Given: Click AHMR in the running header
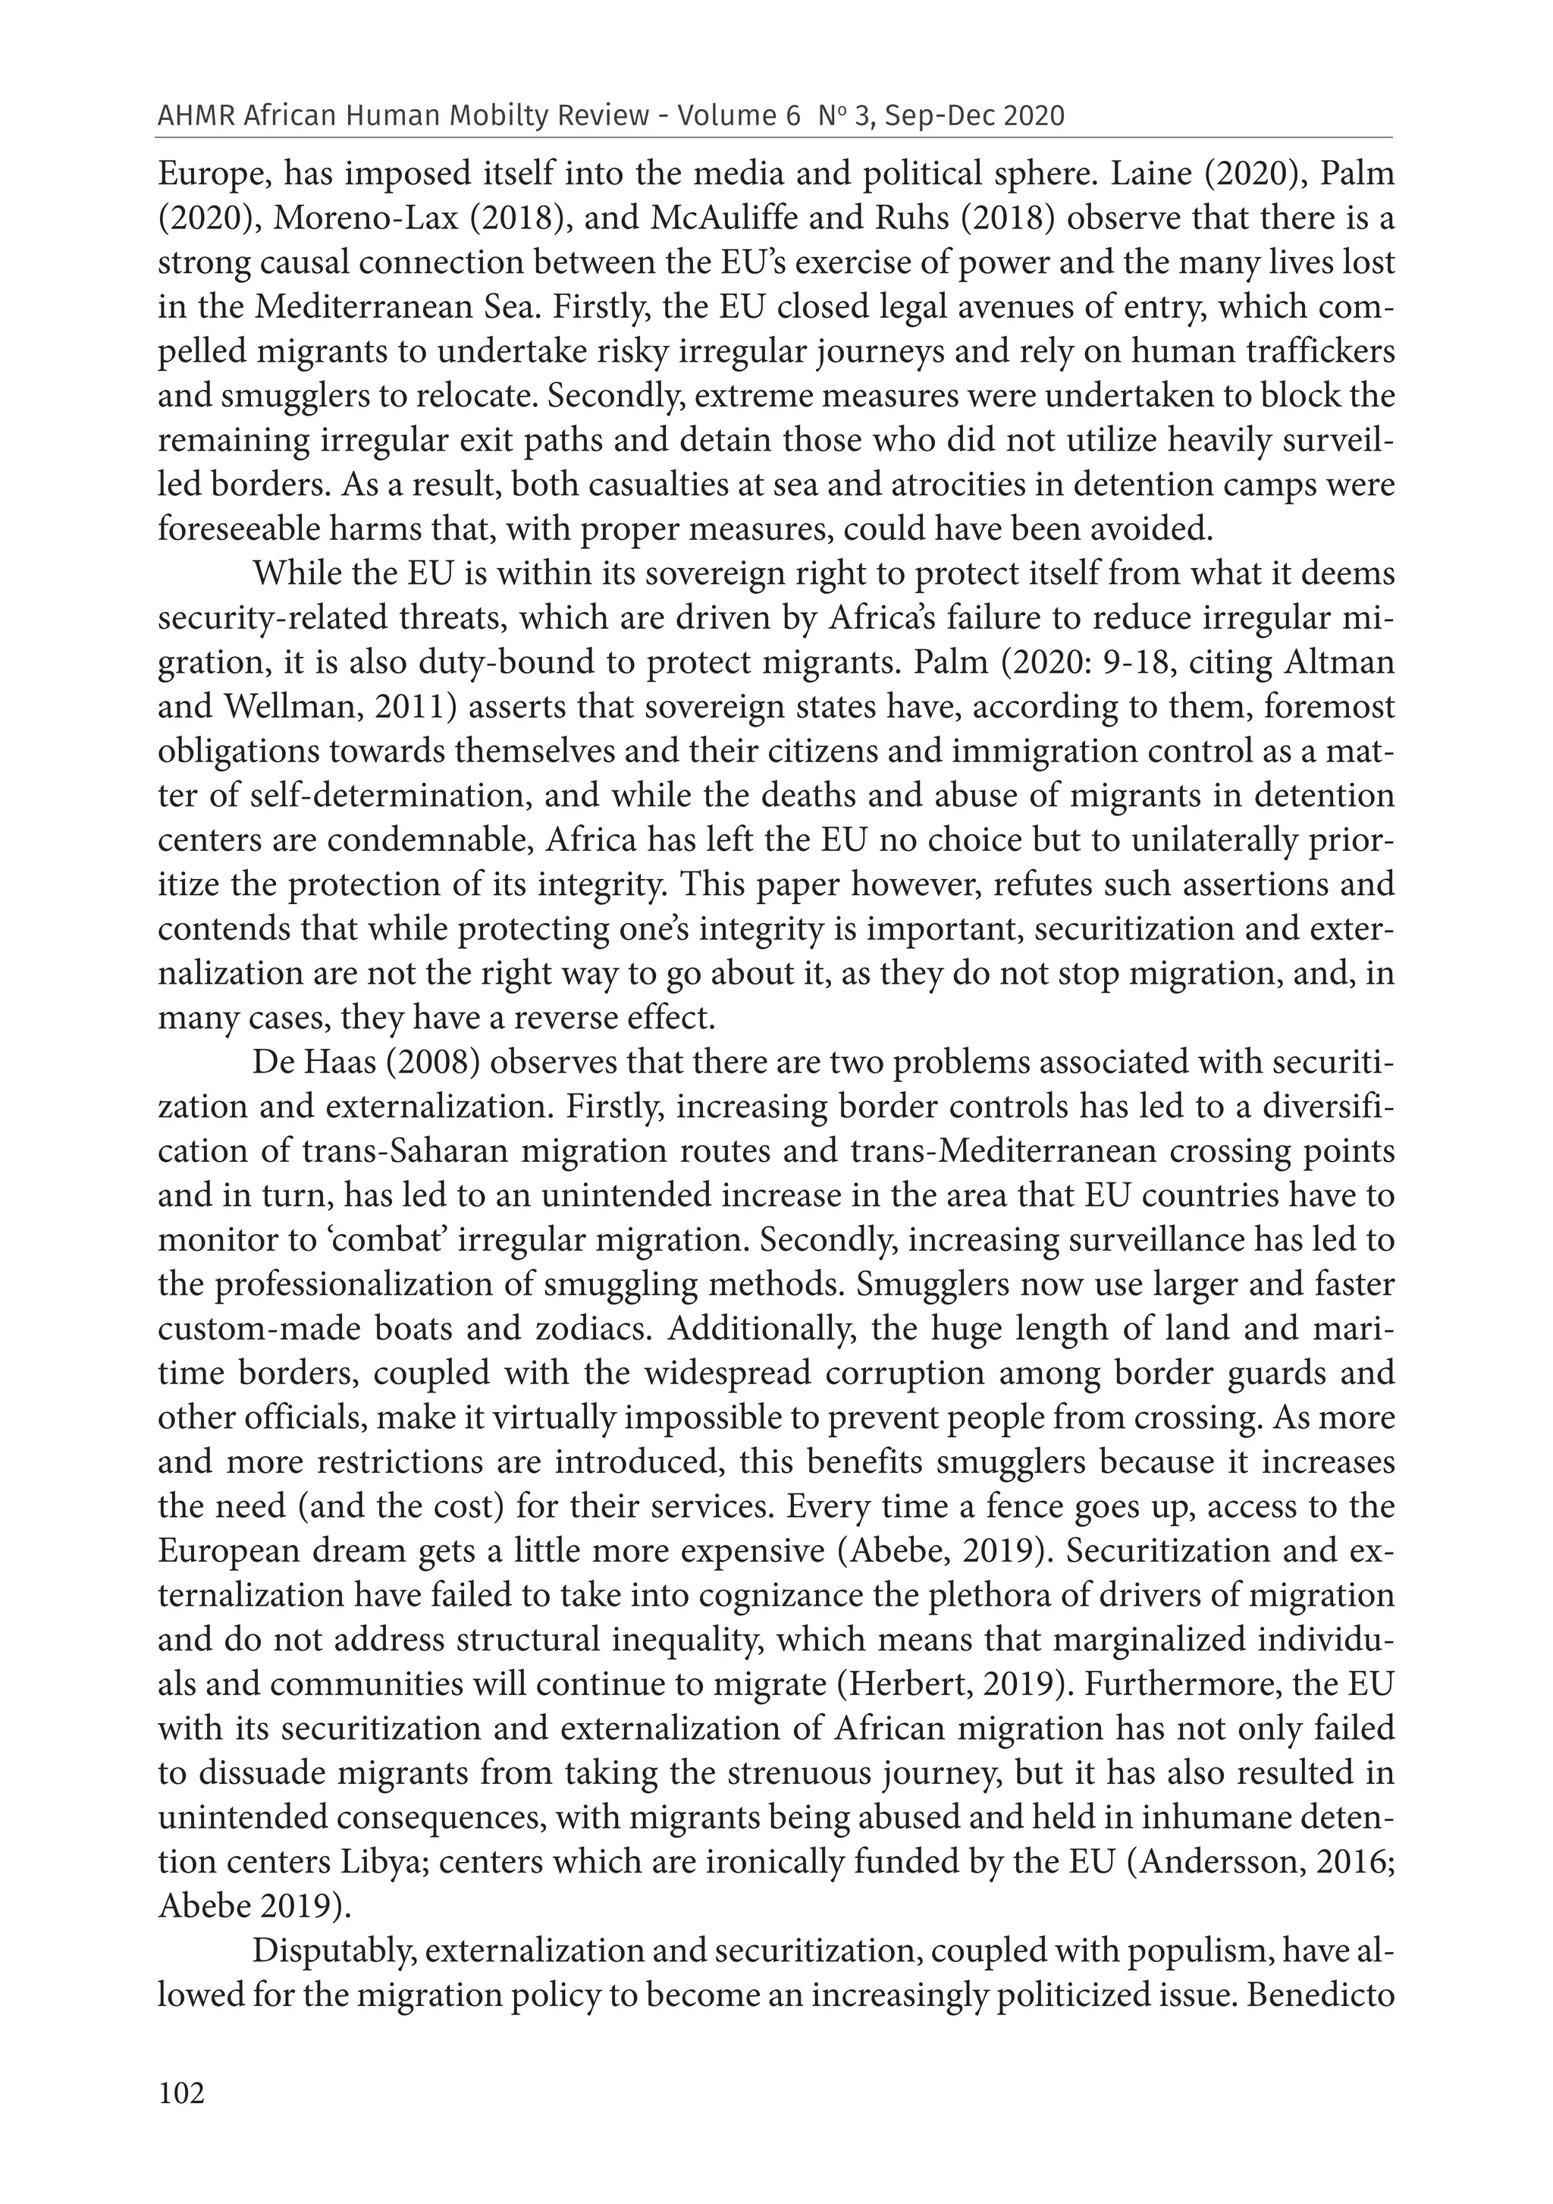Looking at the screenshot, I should tap(196, 116).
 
